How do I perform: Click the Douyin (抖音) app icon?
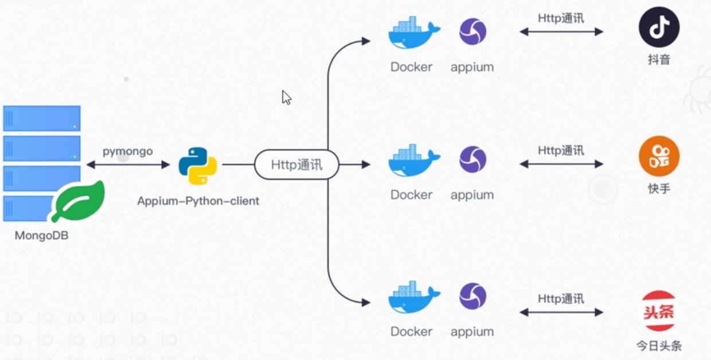[659, 27]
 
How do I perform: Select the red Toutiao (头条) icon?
[659, 311]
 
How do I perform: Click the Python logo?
[197, 166]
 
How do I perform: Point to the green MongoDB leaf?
[79, 201]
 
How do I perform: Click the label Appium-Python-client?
[198, 201]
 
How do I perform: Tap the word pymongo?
[128, 151]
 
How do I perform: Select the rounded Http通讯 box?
[296, 165]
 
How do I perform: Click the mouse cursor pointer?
[286, 97]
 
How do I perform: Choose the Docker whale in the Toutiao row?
[413, 298]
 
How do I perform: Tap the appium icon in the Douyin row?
[472, 32]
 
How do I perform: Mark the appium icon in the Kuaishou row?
[472, 160]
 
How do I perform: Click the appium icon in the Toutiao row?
[472, 297]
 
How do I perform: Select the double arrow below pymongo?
[128, 165]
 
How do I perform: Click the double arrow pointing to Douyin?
[561, 32]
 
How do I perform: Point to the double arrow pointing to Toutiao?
[561, 312]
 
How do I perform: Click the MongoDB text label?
[41, 236]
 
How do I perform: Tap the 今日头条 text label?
[659, 346]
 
